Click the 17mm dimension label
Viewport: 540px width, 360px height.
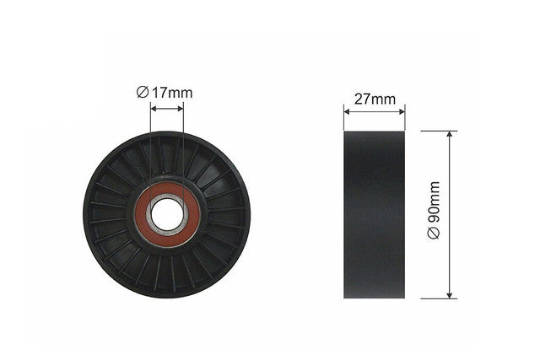point(172,93)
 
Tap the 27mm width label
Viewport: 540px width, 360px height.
point(375,99)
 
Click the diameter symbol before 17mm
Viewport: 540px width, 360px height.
point(143,92)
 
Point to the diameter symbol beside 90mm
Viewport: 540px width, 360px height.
point(434,234)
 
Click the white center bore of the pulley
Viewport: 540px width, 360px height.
point(167,217)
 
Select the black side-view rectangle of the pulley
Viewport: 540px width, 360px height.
point(375,214)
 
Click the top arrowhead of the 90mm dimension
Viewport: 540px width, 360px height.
point(449,134)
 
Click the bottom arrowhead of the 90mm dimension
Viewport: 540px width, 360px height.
point(449,295)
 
